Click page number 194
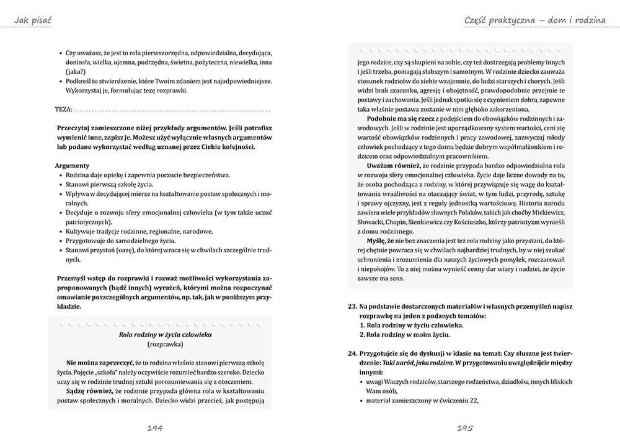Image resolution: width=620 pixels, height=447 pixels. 155,428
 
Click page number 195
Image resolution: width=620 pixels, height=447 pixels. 466,428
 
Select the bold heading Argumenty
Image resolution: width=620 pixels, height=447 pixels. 73,166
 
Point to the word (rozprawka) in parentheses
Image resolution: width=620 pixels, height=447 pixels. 165,343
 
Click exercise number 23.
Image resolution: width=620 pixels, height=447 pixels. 353,306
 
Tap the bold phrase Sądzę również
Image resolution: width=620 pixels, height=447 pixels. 92,391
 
